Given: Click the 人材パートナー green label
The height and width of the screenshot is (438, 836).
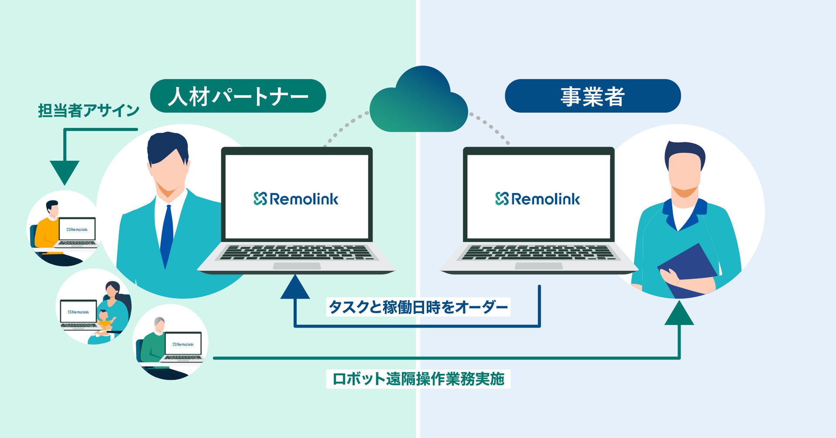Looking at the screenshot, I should (238, 96).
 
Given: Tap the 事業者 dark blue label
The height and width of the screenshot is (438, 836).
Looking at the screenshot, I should (592, 96).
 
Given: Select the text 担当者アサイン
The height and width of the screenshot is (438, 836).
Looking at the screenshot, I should (88, 111).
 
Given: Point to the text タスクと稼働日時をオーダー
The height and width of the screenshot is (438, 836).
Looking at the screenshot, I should (418, 307).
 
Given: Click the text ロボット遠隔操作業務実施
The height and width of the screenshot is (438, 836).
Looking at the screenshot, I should (418, 379).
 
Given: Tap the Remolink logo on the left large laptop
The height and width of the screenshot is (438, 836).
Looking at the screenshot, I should (296, 199).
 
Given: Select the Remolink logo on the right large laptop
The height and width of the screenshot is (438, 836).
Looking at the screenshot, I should (538, 199).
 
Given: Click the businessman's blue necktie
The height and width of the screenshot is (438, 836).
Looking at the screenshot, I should (166, 235).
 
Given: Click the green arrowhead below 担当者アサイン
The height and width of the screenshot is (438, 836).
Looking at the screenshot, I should (64, 171).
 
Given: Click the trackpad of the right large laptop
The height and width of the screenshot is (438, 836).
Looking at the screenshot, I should (538, 266).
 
